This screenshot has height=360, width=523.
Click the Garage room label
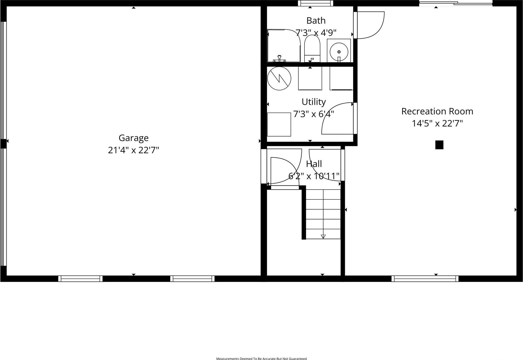pyautogui.click(x=133, y=138)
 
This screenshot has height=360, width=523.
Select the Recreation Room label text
pyautogui.click(x=437, y=111)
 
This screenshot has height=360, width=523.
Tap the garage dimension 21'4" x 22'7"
pyautogui.click(x=133, y=150)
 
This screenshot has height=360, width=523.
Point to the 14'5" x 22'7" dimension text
pyautogui.click(x=437, y=124)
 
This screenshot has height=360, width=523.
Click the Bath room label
pyautogui.click(x=316, y=21)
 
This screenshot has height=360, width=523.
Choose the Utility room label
pyautogui.click(x=314, y=102)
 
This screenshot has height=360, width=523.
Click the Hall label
pyautogui.click(x=314, y=164)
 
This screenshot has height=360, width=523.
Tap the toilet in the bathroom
pyautogui.click(x=312, y=49)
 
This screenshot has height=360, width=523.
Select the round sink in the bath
pyautogui.click(x=339, y=52)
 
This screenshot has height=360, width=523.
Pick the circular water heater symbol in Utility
pyautogui.click(x=279, y=79)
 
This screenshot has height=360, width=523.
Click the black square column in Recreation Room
pyautogui.click(x=439, y=145)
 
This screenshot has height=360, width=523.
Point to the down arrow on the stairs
pyautogui.click(x=323, y=236)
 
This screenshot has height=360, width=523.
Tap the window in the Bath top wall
pyautogui.click(x=315, y=3)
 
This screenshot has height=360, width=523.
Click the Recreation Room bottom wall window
pyautogui.click(x=425, y=279)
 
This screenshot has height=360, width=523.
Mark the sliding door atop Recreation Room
pyautogui.click(x=456, y=3)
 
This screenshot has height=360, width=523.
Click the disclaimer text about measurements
pyautogui.click(x=261, y=359)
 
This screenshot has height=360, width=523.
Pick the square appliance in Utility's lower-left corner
pyautogui.click(x=279, y=124)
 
